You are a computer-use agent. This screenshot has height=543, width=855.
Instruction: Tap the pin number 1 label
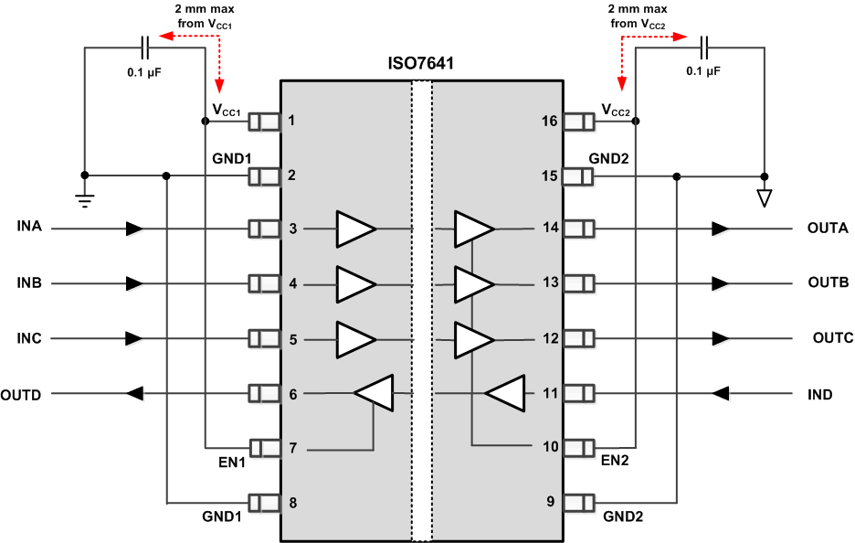click(x=292, y=120)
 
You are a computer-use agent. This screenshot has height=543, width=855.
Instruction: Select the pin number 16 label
click(x=548, y=120)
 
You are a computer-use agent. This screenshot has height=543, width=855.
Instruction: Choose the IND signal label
click(x=819, y=394)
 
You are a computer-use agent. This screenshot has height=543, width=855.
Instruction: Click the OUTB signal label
click(x=829, y=282)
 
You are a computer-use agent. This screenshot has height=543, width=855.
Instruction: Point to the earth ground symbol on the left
click(x=84, y=199)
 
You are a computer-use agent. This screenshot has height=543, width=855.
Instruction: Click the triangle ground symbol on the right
click(x=765, y=197)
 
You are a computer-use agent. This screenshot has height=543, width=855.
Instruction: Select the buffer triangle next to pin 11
click(x=505, y=394)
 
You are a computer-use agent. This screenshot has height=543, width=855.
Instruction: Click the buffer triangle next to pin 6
click(x=374, y=394)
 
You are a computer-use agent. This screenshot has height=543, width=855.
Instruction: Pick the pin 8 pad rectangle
click(x=264, y=503)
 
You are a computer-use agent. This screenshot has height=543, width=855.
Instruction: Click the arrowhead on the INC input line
click(x=134, y=338)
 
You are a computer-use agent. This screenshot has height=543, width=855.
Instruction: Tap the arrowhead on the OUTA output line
click(x=721, y=228)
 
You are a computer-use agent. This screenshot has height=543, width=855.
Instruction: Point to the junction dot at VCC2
click(x=635, y=120)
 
